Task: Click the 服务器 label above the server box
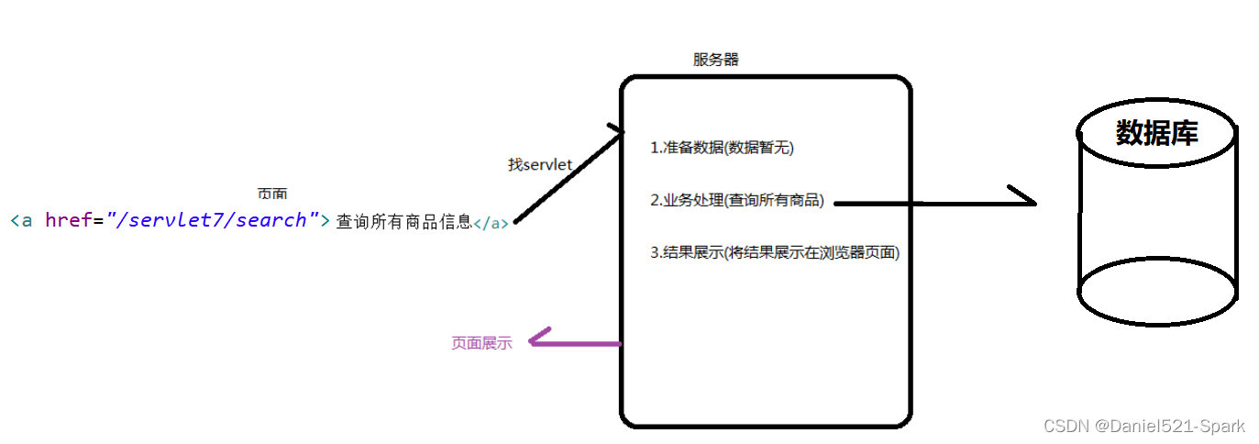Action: tap(715, 60)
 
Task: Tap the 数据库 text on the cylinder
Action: tap(1156, 134)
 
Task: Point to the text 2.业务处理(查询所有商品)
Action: tap(737, 201)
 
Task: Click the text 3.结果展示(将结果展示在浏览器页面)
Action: tap(775, 253)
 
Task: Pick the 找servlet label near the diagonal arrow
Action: tap(540, 164)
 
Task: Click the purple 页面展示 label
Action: tap(481, 344)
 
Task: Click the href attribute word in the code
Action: tap(68, 220)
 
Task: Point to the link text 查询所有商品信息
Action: tap(403, 221)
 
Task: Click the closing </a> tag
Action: tap(491, 223)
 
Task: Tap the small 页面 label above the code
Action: tap(272, 194)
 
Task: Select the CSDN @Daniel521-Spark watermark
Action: tap(1144, 426)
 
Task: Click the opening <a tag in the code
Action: tap(21, 220)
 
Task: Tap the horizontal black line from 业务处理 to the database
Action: tap(926, 203)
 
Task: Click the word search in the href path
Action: tap(271, 220)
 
